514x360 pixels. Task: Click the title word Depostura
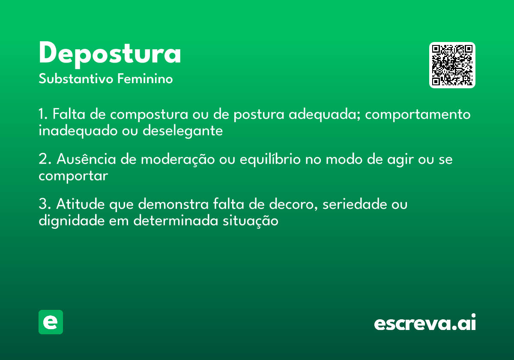110,54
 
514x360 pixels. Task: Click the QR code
452,65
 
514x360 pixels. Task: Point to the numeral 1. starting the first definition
43,115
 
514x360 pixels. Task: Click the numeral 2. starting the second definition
45,159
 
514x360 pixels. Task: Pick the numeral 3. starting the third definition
45,204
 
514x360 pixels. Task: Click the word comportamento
418,115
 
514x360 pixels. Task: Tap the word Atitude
80,204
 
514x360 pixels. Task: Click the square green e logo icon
51,322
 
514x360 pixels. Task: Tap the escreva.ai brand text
425,322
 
